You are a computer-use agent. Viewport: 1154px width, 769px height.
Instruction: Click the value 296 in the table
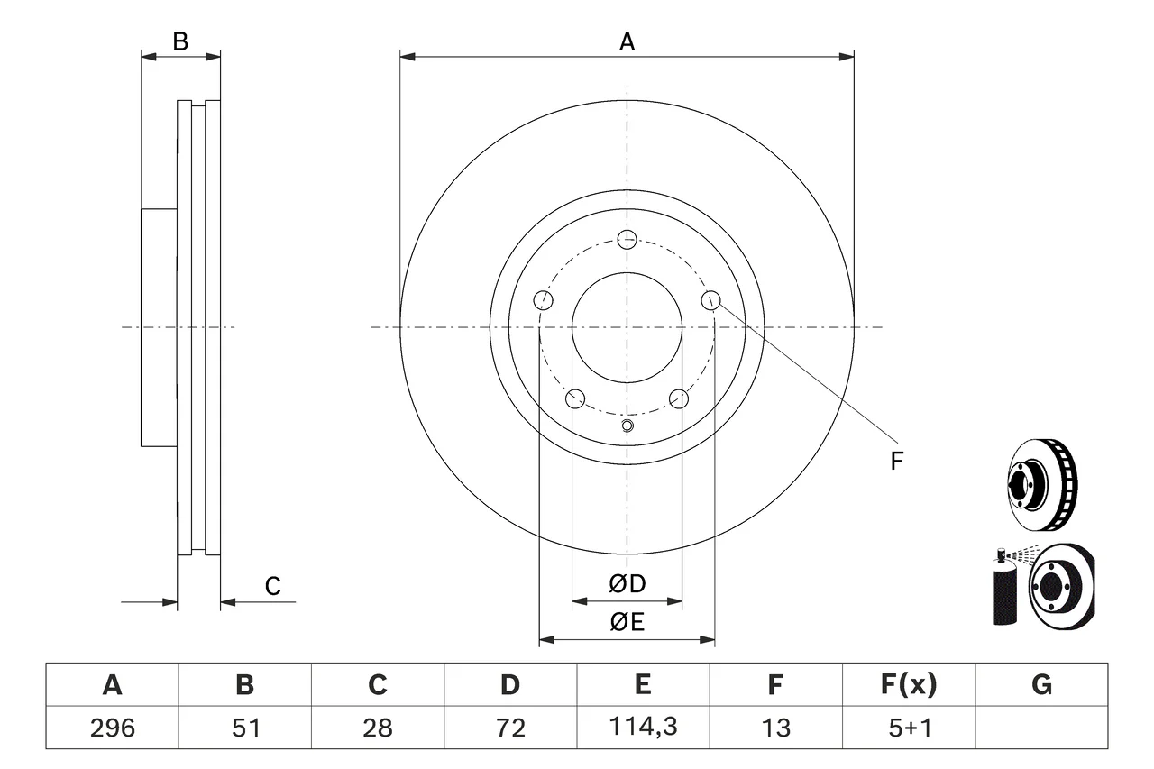click(113, 728)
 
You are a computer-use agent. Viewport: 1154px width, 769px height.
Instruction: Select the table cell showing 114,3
click(643, 727)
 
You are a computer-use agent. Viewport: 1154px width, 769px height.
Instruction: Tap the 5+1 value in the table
click(910, 728)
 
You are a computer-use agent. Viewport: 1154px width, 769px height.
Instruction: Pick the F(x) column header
click(909, 684)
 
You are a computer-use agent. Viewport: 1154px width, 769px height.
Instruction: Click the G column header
click(1041, 684)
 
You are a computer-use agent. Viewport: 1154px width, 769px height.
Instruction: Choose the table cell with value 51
click(244, 727)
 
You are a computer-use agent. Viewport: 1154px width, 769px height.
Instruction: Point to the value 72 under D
click(510, 728)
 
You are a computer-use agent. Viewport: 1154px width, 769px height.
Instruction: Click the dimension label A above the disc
click(627, 41)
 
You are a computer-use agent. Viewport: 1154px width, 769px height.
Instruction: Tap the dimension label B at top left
click(180, 41)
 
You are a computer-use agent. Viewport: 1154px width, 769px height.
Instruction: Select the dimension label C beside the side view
click(272, 586)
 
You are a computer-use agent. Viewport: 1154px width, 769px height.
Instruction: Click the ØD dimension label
click(627, 584)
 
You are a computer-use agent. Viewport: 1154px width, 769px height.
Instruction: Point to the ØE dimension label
click(627, 622)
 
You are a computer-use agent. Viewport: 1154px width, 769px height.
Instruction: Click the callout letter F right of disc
click(896, 461)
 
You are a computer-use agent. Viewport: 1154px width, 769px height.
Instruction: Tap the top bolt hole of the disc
click(627, 240)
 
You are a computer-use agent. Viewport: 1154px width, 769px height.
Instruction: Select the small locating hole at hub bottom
click(627, 426)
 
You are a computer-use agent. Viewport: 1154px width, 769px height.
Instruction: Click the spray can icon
click(1004, 590)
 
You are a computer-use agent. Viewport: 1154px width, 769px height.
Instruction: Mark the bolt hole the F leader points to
click(711, 300)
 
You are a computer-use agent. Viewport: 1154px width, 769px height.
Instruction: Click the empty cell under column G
click(1041, 727)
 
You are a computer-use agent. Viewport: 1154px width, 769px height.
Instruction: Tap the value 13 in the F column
click(776, 728)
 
